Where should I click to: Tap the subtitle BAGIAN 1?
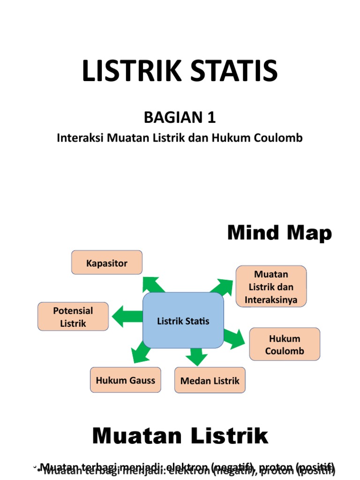[x=180, y=118]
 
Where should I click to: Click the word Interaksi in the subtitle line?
[x=80, y=138]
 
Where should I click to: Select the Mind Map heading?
[x=279, y=233]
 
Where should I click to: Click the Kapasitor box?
[x=107, y=262]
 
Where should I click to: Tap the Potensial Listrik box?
[x=73, y=317]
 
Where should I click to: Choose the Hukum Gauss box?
[x=125, y=380]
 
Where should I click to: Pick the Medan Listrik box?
[x=210, y=380]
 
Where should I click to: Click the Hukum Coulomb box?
[x=285, y=345]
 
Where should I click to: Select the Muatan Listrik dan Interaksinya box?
[x=271, y=286]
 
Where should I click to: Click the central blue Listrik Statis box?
[x=183, y=321]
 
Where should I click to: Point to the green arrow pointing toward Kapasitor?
[x=153, y=284]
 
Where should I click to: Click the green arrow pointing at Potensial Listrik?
[x=126, y=317]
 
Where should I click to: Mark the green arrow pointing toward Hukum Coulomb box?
[x=235, y=337]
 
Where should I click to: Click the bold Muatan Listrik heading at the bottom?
[x=180, y=436]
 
